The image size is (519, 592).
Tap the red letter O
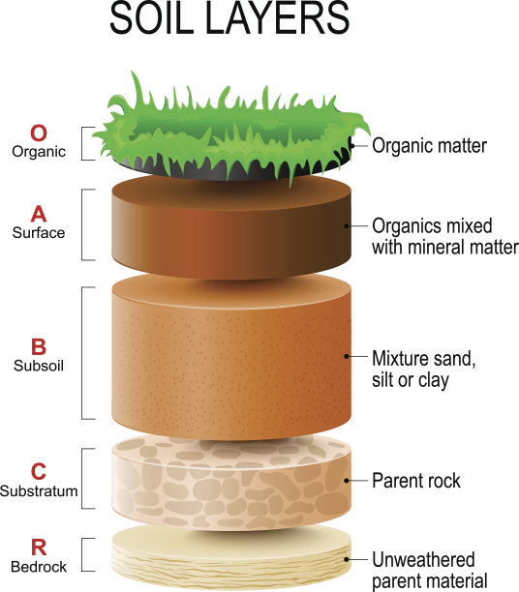click(39, 133)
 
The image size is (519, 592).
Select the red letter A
click(39, 214)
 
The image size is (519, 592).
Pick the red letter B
click(39, 347)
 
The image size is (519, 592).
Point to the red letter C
click(39, 471)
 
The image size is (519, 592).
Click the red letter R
click(39, 548)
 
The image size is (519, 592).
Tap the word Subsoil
click(39, 366)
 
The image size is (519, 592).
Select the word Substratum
click(39, 490)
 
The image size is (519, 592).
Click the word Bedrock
click(39, 567)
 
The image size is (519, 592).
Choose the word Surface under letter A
click(39, 232)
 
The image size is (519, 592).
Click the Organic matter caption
click(429, 146)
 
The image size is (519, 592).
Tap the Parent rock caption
click(416, 481)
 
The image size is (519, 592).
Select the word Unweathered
click(423, 559)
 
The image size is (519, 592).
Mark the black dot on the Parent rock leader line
click(347, 481)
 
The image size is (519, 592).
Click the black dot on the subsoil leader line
click(347, 356)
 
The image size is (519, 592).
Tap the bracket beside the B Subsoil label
click(82, 353)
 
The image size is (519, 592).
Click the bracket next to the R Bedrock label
click(82, 554)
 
